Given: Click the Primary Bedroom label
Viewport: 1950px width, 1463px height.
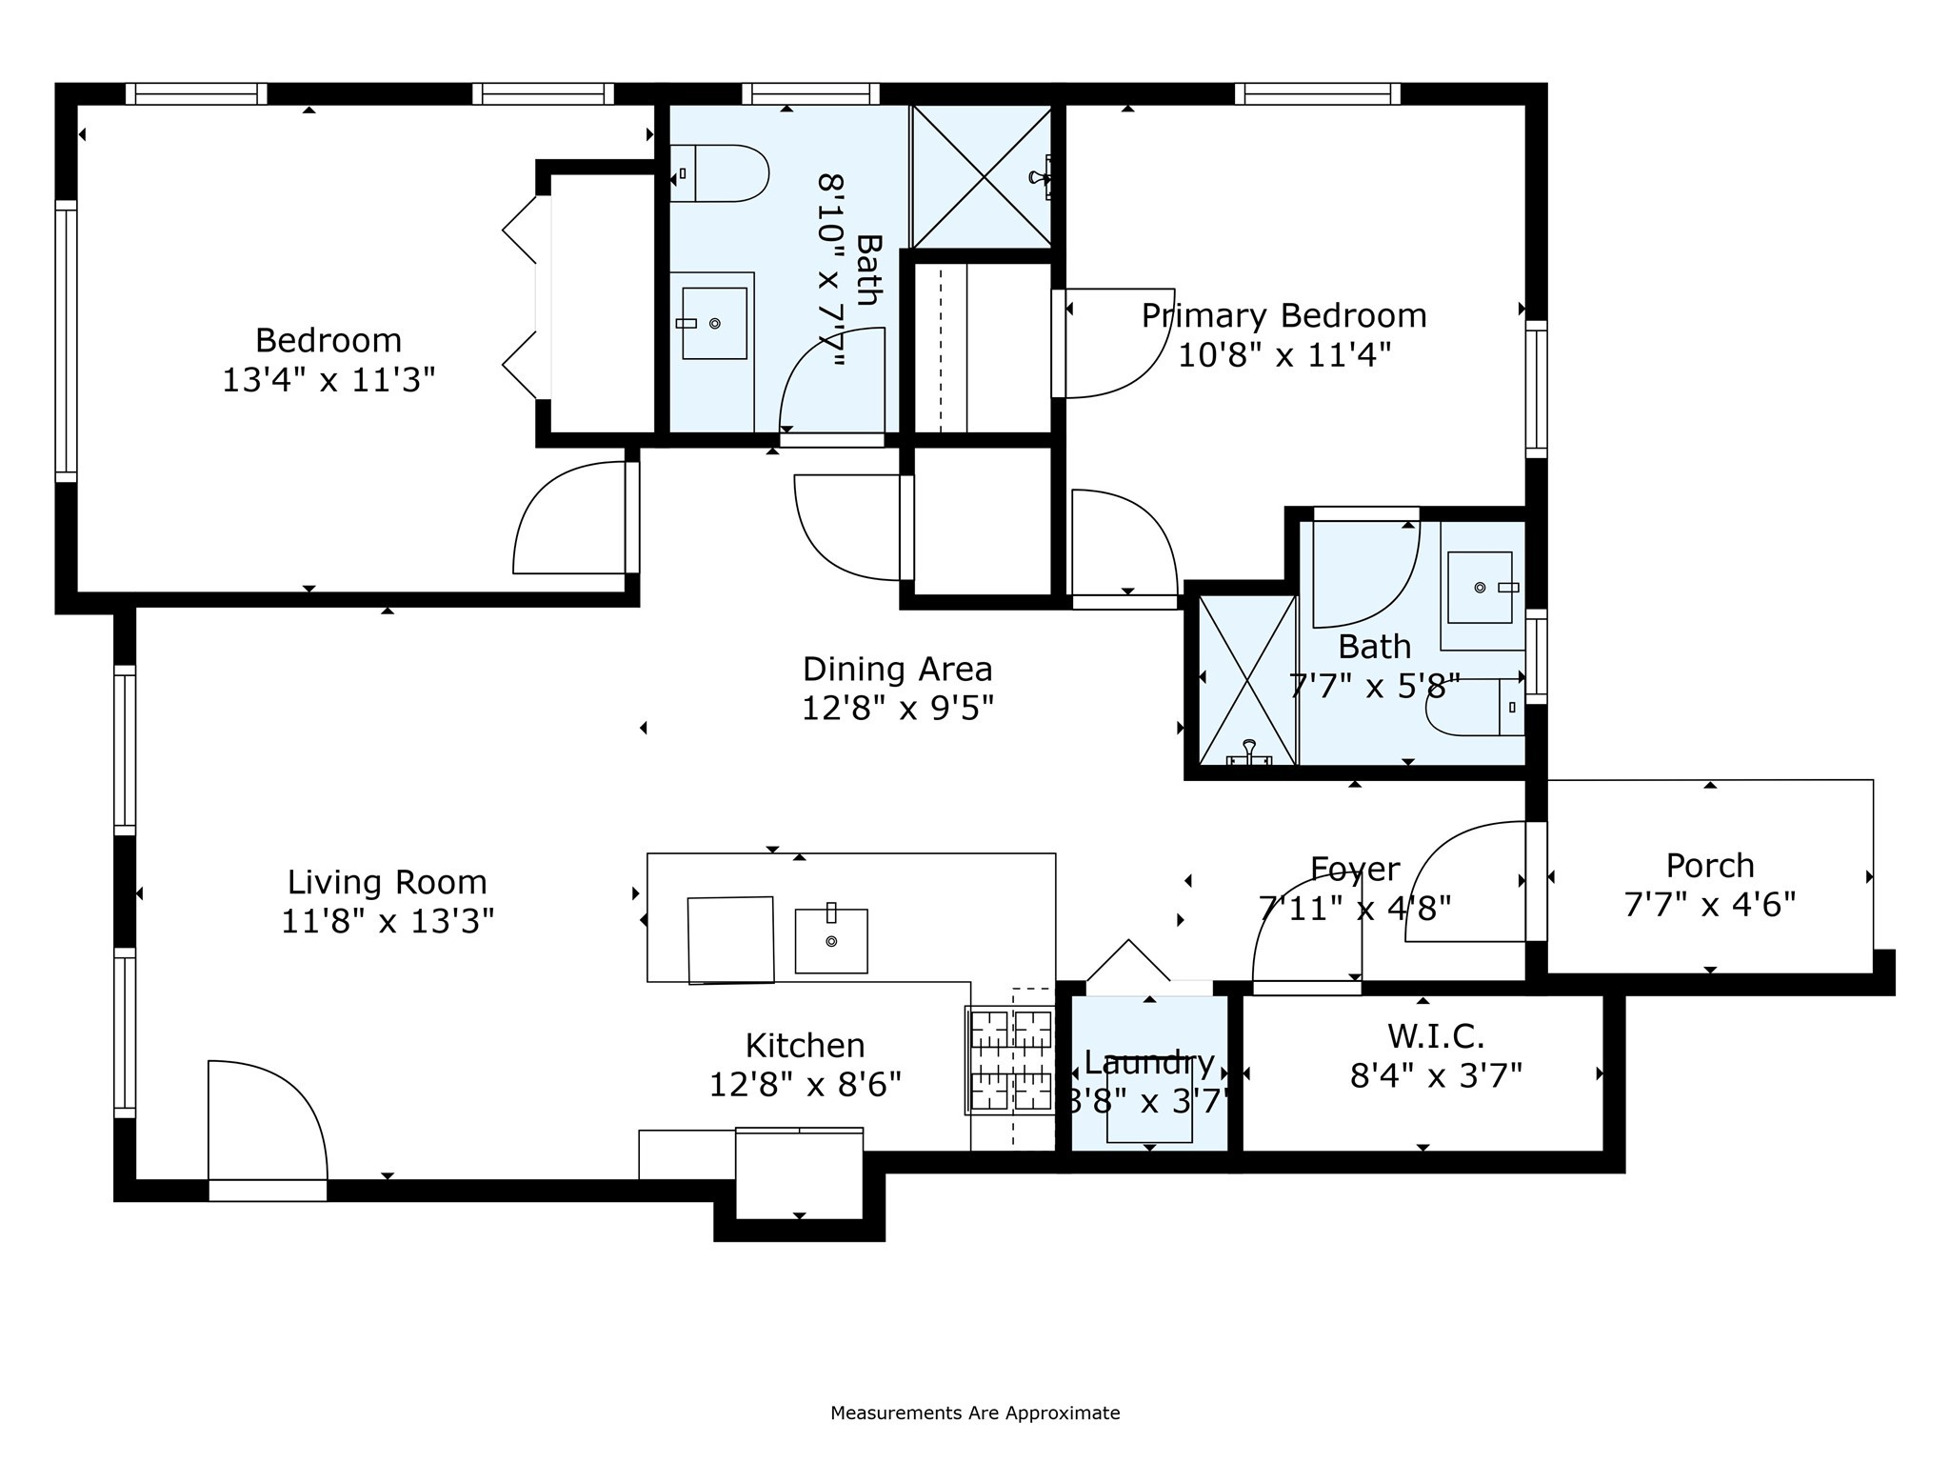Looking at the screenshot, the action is pos(1283,315).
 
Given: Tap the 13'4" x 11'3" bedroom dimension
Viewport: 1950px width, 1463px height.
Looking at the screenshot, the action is pos(328,380).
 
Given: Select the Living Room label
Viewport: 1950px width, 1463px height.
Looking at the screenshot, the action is pos(387,882).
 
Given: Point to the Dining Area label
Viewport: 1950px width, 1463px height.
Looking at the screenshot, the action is pos(897,669).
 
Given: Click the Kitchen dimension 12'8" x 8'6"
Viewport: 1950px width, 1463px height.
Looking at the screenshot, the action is pos(805,1084).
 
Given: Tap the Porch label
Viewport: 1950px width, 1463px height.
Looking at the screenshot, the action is pos(1710,865).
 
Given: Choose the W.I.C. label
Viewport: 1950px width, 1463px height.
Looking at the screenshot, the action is pos(1436,1035).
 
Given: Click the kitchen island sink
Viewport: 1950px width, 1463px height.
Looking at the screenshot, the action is pos(831,939).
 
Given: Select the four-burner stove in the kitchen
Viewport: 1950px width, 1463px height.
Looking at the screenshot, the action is pos(1010,1060).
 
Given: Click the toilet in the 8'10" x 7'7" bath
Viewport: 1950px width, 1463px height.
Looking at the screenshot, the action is pos(719,173).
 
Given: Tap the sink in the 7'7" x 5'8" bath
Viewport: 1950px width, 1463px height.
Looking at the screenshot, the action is pos(1482,587).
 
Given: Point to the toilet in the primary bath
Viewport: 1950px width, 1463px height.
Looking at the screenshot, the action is pos(1475,707).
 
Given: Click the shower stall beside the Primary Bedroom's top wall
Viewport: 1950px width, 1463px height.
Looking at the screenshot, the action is pos(982,177).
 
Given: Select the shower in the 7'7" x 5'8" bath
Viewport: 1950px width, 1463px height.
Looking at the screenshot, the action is pos(1248,680).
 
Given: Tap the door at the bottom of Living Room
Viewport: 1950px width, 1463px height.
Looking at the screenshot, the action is pos(268,1130).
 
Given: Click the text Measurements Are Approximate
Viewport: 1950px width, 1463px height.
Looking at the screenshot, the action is pos(975,1413).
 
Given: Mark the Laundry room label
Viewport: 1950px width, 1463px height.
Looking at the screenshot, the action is pos(1149,1061).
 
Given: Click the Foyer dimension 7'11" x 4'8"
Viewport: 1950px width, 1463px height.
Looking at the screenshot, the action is pos(1355,908).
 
